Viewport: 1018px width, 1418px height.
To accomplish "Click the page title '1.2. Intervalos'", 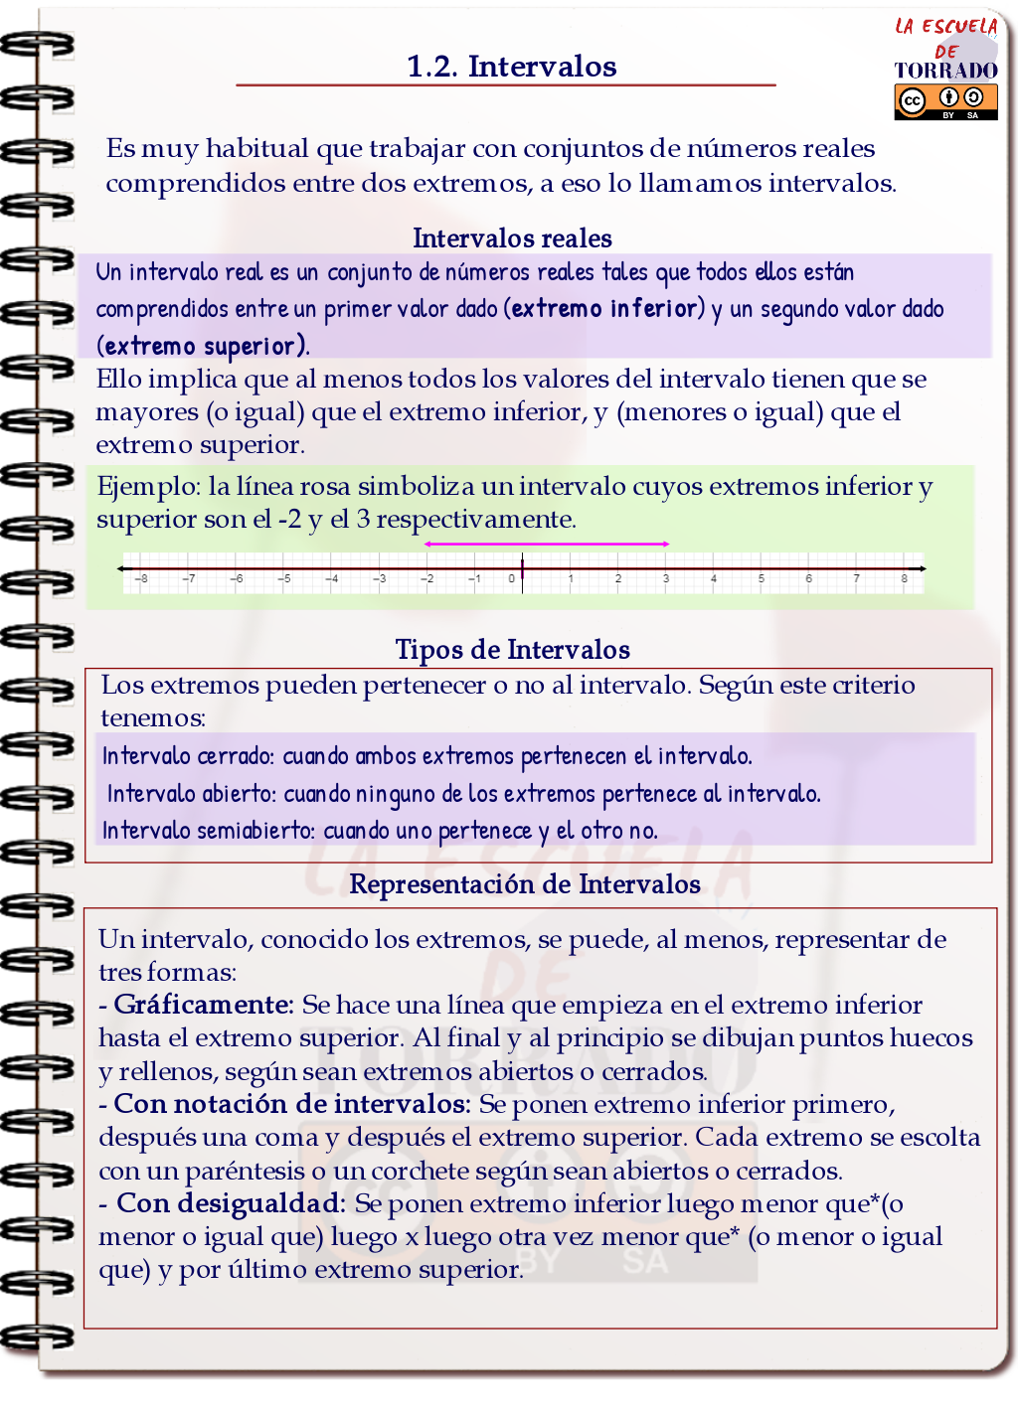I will click(x=511, y=67).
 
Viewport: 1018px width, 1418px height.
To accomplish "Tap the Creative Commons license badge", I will click(x=945, y=101).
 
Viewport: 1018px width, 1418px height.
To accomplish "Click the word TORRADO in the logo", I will click(x=945, y=71).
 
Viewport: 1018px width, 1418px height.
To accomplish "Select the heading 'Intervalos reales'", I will click(x=512, y=238).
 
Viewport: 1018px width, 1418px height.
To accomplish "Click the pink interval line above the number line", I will click(x=547, y=544).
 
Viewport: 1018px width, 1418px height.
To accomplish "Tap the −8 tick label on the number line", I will click(x=141, y=578).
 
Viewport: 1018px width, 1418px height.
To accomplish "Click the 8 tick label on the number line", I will click(x=904, y=578).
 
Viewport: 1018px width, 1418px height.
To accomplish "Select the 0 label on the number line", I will click(x=512, y=578).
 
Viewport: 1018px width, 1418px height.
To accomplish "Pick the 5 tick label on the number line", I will click(x=762, y=578).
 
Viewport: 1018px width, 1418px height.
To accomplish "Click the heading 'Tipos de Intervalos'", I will click(x=512, y=650).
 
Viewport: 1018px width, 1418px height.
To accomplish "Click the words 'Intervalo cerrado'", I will click(x=187, y=756).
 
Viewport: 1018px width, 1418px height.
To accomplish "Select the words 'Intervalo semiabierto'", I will click(x=208, y=831).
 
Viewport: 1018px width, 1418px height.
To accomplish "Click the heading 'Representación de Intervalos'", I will click(x=525, y=884).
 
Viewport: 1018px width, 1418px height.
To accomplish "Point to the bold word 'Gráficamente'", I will click(x=204, y=1005).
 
